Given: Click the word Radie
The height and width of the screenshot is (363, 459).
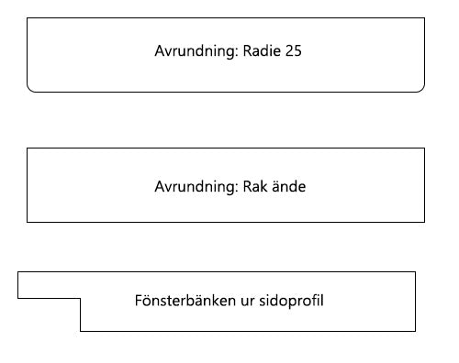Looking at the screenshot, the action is click(263, 50).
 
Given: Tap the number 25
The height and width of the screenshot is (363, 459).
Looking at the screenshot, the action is click(294, 50).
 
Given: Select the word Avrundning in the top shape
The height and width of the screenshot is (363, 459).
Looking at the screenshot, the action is click(196, 51).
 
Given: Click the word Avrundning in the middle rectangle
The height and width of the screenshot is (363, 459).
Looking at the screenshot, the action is click(196, 187).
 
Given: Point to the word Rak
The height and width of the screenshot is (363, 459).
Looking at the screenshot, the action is click(255, 186).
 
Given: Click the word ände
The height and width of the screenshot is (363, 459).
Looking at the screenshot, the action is click(289, 186).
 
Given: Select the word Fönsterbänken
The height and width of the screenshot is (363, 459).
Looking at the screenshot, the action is click(185, 301).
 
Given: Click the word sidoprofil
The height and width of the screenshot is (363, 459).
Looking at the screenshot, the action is click(291, 301).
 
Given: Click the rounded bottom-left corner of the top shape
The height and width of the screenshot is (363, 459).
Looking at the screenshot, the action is click(29, 90).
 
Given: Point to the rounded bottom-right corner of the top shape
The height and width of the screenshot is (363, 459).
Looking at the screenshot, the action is click(422, 90).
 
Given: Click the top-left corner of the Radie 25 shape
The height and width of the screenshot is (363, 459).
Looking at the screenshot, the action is click(27, 17).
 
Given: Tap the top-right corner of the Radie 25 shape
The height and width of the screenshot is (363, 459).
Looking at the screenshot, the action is click(425, 17).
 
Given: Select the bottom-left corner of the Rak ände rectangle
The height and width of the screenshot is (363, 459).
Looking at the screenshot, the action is click(27, 222).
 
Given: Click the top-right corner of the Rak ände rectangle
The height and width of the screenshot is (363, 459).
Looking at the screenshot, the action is click(425, 148).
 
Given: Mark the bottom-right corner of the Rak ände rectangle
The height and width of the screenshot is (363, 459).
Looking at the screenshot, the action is click(425, 222).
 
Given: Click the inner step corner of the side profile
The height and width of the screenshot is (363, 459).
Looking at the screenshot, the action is click(81, 298).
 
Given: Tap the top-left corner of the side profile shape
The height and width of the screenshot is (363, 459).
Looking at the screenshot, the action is click(18, 271).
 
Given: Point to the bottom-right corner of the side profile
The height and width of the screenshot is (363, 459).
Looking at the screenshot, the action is click(416, 331).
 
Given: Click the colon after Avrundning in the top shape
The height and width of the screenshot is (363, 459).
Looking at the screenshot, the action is click(237, 52).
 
